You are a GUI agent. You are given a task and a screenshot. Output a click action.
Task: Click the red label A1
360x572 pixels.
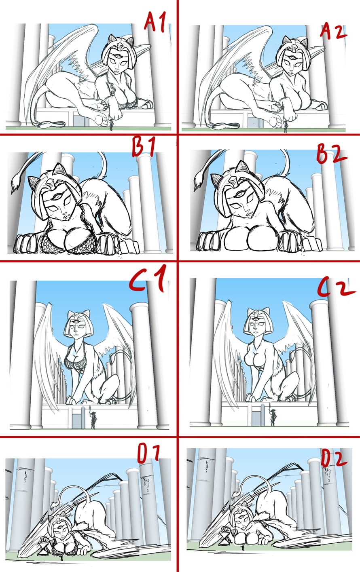[155, 22]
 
